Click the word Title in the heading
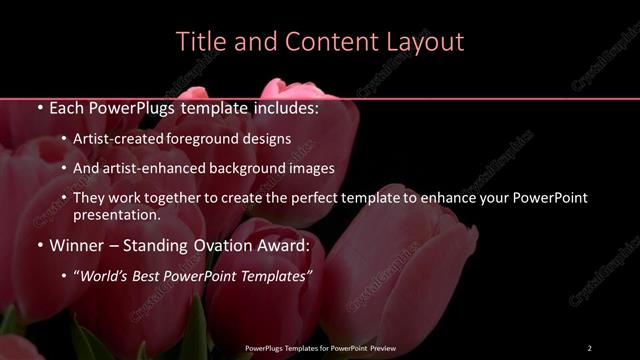(200, 42)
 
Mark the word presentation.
(116, 214)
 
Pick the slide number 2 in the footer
(589, 348)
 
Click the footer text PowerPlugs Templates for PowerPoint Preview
(321, 348)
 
